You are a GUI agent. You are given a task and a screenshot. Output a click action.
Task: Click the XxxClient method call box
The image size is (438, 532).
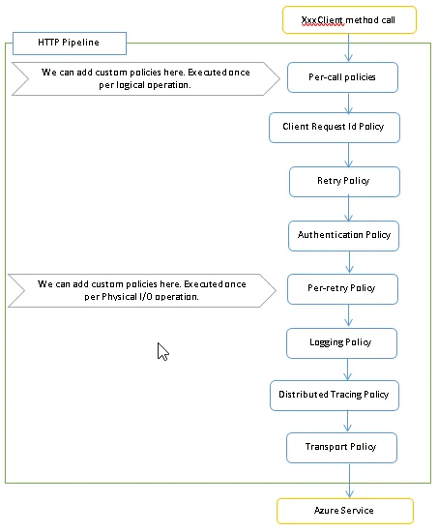point(349,19)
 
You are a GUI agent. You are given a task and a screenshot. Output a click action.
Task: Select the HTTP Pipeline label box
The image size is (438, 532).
point(70,44)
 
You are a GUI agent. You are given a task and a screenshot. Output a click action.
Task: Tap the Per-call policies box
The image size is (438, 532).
point(342,77)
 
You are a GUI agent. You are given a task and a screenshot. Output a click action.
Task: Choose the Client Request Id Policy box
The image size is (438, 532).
point(335,128)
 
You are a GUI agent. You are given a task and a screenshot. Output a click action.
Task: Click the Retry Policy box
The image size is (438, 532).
point(345,182)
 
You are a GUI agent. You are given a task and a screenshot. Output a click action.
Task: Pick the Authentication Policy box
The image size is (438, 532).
point(343,236)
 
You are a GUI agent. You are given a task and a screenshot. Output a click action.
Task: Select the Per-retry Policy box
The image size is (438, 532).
point(342,289)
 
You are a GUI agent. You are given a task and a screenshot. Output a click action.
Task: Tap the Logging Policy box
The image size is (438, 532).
point(341,343)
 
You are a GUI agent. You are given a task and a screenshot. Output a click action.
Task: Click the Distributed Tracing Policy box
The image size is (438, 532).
point(335,396)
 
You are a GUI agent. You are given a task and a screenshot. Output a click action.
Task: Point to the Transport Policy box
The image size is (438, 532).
point(341,448)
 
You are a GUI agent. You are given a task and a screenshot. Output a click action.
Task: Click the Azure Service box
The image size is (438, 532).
point(345,511)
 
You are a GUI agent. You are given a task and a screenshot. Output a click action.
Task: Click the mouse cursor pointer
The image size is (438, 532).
point(162,351)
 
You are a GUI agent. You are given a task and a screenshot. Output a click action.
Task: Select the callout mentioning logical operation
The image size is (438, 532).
point(146,78)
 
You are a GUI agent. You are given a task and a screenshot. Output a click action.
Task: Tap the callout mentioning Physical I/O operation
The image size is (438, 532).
point(142,290)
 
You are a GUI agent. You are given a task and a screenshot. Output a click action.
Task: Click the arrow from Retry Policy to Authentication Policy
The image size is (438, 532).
point(349,209)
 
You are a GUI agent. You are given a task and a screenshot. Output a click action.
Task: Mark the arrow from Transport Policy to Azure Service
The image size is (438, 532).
point(349,481)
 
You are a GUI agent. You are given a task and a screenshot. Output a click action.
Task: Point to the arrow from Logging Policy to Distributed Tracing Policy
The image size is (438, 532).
point(347,369)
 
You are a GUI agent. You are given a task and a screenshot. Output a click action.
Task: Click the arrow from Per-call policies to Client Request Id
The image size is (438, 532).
point(348,103)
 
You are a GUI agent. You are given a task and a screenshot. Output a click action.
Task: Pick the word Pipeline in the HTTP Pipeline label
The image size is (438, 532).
point(81,43)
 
